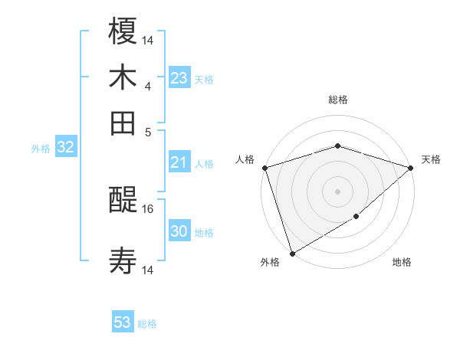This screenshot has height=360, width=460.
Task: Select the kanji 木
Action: click(123, 78)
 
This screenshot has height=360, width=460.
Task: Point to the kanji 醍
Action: click(123, 201)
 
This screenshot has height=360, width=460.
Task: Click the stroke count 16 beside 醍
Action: click(149, 208)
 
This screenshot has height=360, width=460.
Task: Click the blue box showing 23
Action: click(179, 78)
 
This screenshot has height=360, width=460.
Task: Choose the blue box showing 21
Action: click(179, 162)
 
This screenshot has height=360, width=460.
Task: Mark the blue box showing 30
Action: click(179, 231)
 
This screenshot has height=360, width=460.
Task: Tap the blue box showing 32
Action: click(65, 148)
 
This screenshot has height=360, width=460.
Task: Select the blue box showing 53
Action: click(123, 322)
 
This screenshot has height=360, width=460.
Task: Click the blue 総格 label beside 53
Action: click(147, 324)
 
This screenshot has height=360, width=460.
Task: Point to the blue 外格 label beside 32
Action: click(41, 149)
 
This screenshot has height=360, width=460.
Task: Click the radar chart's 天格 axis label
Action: click(431, 159)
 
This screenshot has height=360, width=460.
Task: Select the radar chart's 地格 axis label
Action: click(402, 263)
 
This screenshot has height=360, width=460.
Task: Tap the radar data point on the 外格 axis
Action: click(292, 253)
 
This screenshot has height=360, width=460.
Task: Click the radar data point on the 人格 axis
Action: click(264, 168)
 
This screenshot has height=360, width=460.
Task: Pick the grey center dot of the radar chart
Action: click(337, 191)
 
